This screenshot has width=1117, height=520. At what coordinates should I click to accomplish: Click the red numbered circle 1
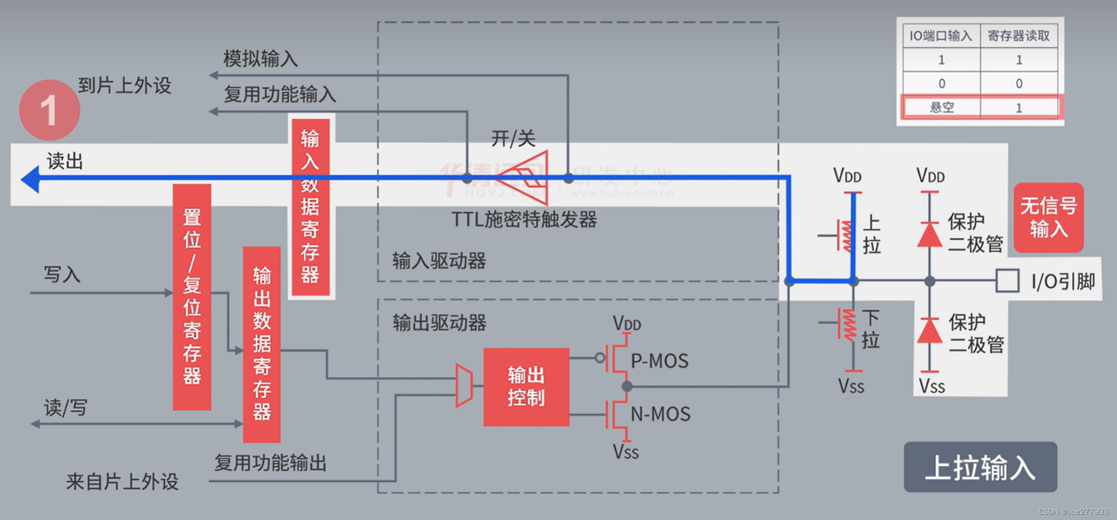point(49,110)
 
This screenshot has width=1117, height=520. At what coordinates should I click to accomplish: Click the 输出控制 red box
point(526,387)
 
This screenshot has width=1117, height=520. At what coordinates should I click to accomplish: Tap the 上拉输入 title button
point(980,467)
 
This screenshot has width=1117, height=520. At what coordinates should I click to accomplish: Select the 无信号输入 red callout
point(1048,217)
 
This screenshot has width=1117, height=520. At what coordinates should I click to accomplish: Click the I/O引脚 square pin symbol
point(1007,281)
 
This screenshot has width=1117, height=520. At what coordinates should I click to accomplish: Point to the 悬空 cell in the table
point(942,108)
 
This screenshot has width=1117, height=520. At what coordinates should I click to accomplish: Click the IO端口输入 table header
point(941,36)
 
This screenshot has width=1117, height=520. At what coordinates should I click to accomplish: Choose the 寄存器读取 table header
point(1019,36)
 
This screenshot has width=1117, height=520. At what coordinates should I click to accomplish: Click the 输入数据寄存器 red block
point(310,207)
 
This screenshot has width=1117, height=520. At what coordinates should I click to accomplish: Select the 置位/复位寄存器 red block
point(192,297)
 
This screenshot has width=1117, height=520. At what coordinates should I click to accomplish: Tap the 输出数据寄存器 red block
point(261,345)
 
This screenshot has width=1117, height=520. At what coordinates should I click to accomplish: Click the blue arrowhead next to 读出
point(31,179)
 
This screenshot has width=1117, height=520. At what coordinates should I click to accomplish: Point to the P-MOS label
point(659,361)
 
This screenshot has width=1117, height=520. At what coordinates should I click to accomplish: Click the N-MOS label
point(660,414)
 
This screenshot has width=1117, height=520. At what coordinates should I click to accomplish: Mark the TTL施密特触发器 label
point(524,219)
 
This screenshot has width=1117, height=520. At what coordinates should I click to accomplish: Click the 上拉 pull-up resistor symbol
point(846,235)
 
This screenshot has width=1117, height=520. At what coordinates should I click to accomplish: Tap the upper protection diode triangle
point(930,235)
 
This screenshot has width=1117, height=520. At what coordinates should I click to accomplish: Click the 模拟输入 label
point(260,58)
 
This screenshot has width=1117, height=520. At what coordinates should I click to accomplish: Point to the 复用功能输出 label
point(271,463)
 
